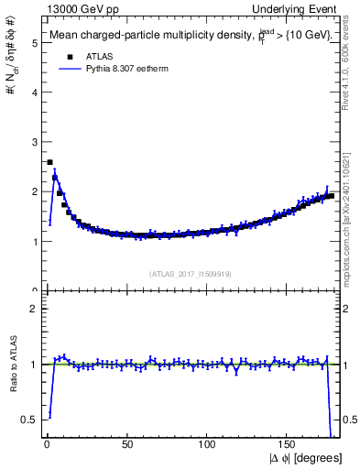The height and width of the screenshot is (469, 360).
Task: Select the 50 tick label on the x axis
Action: pos(126,444)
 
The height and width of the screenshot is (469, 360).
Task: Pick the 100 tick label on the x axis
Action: pos(207,444)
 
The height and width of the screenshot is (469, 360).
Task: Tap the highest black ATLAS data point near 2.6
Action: pos(49,162)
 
